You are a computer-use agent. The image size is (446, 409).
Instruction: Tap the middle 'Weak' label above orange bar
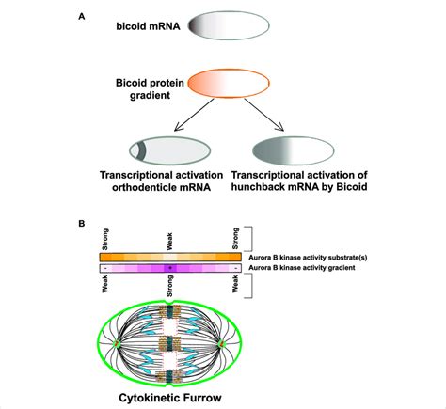(x=168, y=239)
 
